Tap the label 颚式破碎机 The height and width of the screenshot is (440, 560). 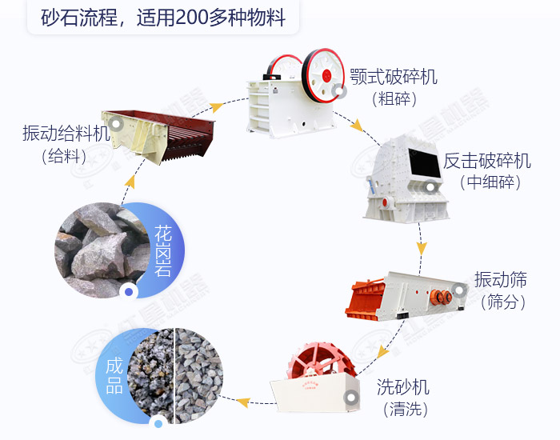394,78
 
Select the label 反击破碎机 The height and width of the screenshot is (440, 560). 487,161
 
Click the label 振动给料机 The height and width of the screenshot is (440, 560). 66,133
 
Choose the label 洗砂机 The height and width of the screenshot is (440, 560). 403,388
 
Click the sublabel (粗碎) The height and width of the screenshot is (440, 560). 394,99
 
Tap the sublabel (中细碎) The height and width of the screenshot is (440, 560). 490,182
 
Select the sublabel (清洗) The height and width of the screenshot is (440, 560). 403,409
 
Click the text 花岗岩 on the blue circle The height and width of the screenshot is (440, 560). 163,250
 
